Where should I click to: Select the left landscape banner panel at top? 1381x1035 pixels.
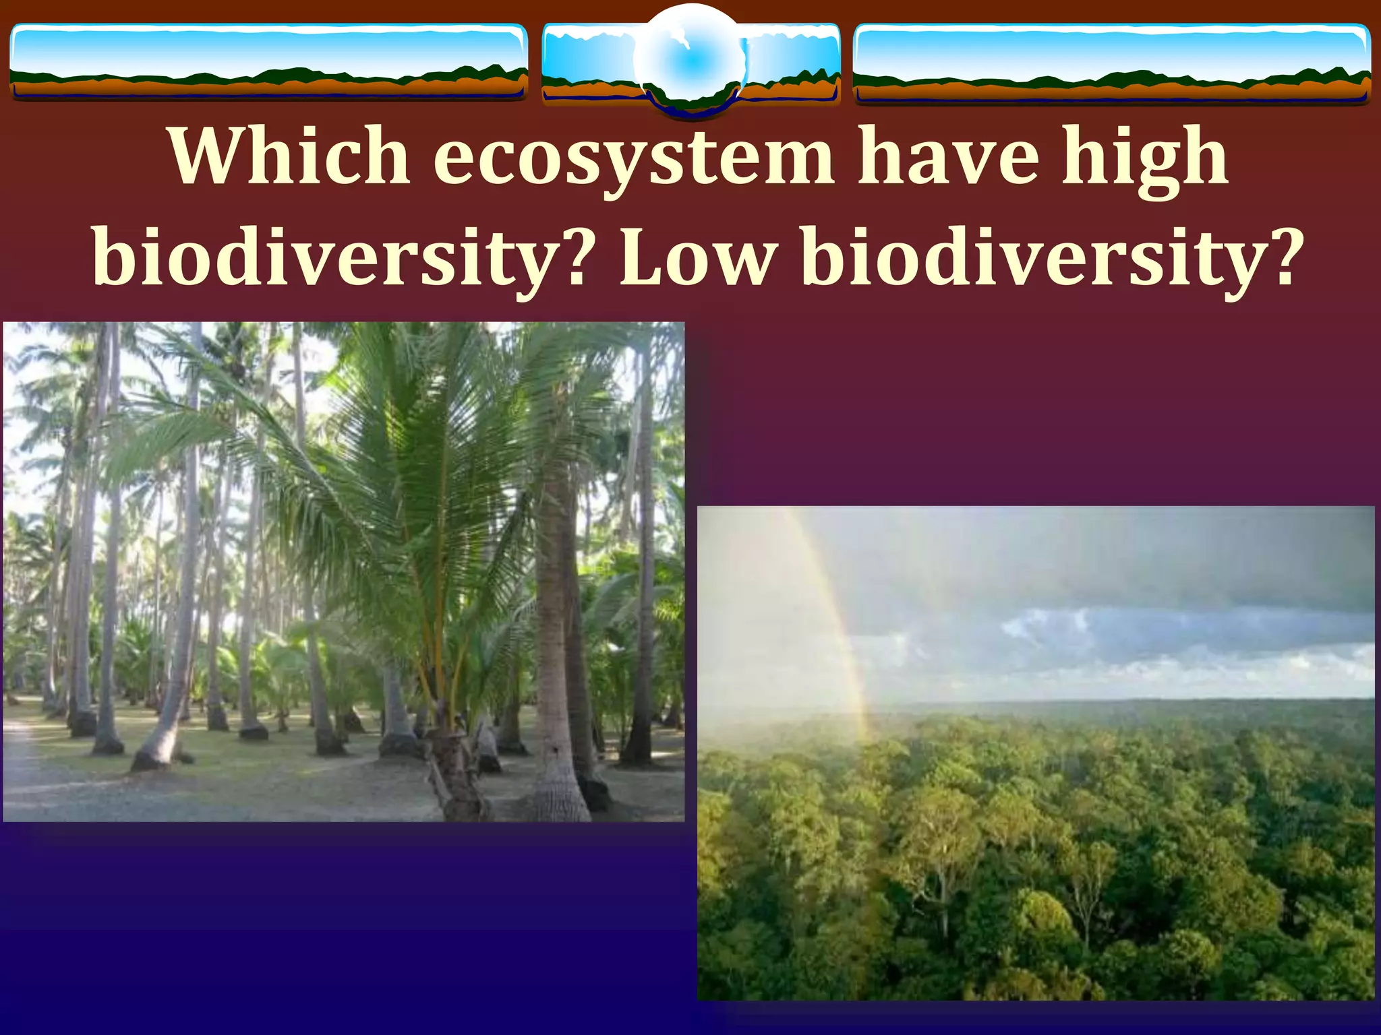[268, 62]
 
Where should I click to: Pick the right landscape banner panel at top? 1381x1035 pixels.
[1111, 63]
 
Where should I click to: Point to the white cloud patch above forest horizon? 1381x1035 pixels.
[1052, 623]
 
